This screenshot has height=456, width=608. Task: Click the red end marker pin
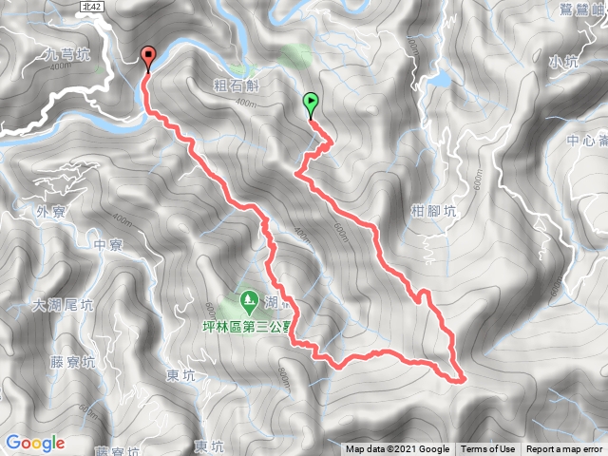(147, 58)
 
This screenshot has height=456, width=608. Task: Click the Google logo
(34, 443)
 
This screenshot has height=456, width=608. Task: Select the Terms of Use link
(488, 449)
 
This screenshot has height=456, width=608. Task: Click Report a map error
(565, 449)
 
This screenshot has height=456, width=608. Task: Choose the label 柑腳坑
(434, 212)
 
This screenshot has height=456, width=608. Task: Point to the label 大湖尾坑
(63, 306)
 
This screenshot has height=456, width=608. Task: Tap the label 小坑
(563, 61)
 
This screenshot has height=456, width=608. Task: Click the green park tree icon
(249, 300)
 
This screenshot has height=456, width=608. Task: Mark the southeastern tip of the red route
(464, 379)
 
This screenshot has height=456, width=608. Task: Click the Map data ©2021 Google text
(397, 449)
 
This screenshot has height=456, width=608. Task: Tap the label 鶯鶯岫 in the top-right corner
(579, 11)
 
